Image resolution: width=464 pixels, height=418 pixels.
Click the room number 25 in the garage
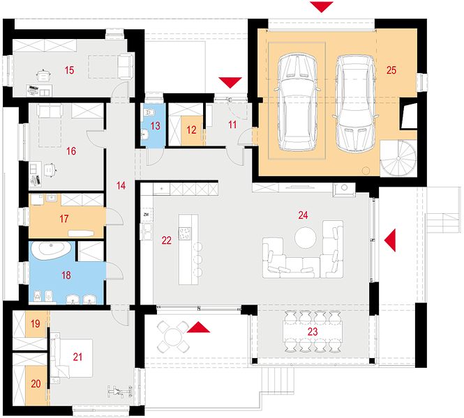click(x=391, y=70)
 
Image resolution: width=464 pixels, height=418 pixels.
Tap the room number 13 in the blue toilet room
click(x=155, y=126)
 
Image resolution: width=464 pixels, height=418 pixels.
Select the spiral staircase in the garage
click(x=398, y=159)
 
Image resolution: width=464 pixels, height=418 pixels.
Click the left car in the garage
click(x=297, y=102)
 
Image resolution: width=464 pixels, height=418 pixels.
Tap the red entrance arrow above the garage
click(x=322, y=7)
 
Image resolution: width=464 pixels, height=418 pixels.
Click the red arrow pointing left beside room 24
click(x=390, y=240)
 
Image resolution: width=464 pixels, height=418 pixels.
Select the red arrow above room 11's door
click(x=230, y=83)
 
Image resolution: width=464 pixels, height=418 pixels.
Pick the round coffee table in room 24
click(x=305, y=238)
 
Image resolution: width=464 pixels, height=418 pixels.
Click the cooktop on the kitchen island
click(x=185, y=233)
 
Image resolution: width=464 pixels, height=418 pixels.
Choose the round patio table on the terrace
click(x=172, y=336)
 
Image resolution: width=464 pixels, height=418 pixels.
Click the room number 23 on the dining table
click(x=313, y=332)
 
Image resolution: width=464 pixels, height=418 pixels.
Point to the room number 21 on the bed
click(x=77, y=357)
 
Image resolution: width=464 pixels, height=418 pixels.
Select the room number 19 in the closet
click(x=35, y=323)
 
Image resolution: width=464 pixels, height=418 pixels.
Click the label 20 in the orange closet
click(x=36, y=384)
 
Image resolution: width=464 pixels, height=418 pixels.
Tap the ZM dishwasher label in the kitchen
click(x=146, y=215)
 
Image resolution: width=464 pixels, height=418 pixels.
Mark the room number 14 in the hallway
click(x=121, y=185)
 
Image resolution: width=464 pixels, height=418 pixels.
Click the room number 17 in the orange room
click(x=64, y=219)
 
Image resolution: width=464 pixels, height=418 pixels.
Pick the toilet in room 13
click(x=150, y=112)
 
